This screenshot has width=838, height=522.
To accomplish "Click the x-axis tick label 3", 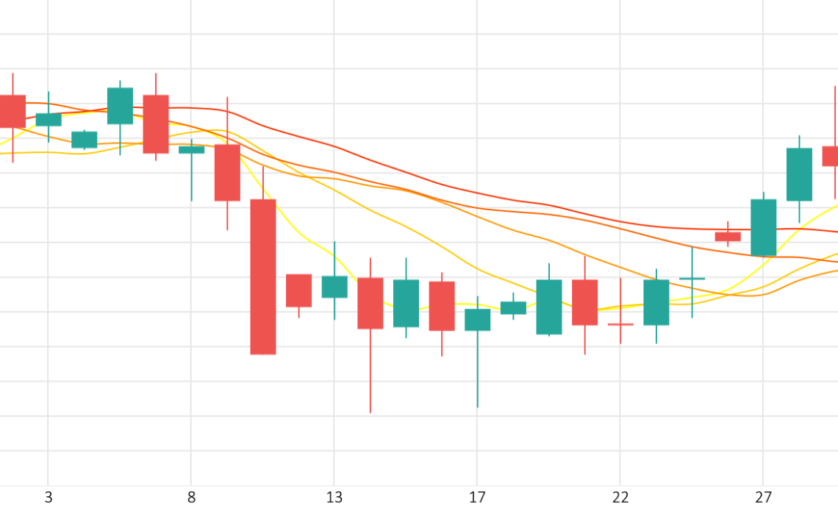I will click(x=49, y=498).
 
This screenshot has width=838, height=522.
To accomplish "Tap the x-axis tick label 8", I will click(x=191, y=498).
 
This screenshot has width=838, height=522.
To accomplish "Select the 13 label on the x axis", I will click(x=334, y=498).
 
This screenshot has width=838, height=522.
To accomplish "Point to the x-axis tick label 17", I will click(x=477, y=498).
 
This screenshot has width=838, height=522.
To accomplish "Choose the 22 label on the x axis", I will click(x=620, y=498).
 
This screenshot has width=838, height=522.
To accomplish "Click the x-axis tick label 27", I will click(x=763, y=498).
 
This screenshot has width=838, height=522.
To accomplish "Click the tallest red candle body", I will click(x=263, y=276).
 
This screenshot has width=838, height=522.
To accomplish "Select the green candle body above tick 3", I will click(x=49, y=120).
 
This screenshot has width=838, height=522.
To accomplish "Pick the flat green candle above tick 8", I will click(x=192, y=150).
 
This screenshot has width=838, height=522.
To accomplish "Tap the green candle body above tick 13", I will click(x=334, y=287).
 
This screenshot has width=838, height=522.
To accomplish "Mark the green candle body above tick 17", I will click(x=478, y=320).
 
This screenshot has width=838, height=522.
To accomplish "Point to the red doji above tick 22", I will click(x=620, y=324).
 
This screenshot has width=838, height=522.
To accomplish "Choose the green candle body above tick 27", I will click(x=764, y=227).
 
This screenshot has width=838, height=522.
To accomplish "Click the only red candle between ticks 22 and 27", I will click(x=728, y=237).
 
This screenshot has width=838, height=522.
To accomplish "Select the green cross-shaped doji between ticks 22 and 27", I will click(x=692, y=279).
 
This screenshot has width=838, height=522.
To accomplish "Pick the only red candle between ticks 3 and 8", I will click(x=156, y=124).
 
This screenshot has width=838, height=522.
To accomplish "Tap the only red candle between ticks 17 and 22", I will click(x=584, y=302).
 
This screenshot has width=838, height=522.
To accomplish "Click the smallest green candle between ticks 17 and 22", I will click(x=513, y=308).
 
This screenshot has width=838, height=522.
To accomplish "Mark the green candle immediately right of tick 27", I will click(x=799, y=174).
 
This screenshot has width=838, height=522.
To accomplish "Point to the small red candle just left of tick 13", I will click(x=298, y=290).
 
